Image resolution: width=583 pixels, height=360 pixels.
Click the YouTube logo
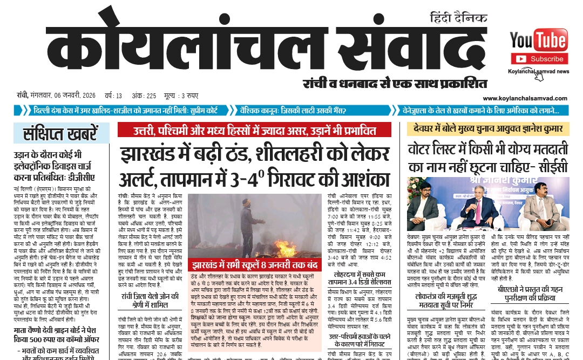coord(538,40)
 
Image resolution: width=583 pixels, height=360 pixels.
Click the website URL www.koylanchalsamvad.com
coord(525,98)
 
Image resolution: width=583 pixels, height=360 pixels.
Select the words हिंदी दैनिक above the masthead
coord(459,18)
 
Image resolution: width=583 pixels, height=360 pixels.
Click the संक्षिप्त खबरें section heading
coord(60,133)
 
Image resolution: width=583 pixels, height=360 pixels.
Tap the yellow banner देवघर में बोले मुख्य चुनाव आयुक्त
coord(488,128)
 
